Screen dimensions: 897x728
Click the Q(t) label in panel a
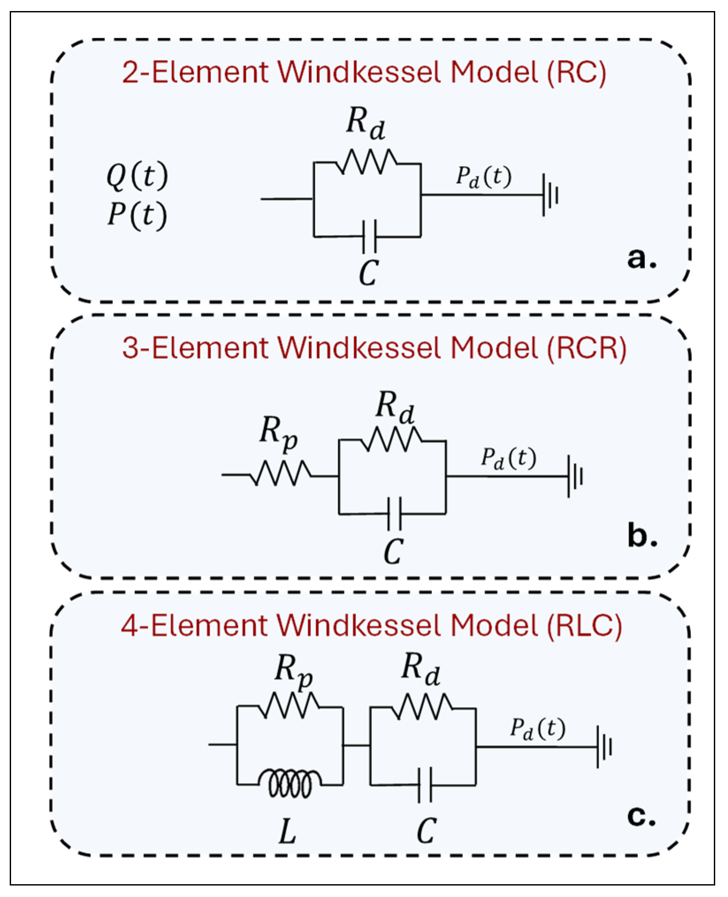(x=137, y=176)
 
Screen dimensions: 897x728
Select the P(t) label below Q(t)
(x=137, y=215)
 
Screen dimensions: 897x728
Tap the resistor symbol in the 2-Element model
(x=366, y=162)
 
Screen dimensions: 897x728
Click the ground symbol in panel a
(x=550, y=195)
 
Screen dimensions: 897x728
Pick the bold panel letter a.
(x=641, y=258)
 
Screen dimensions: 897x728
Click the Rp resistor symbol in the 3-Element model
(x=281, y=474)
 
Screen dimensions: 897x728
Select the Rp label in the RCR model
(x=278, y=433)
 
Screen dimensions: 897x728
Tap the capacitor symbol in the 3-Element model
(x=394, y=513)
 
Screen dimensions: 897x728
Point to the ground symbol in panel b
(x=575, y=476)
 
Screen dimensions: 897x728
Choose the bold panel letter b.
(x=642, y=536)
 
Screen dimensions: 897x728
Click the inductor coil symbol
(x=290, y=783)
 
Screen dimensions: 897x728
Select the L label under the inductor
(x=288, y=832)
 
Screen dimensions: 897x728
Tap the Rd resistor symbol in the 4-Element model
(x=422, y=707)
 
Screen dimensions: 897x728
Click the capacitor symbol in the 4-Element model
(x=425, y=785)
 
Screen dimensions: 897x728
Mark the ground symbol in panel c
(x=604, y=747)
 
